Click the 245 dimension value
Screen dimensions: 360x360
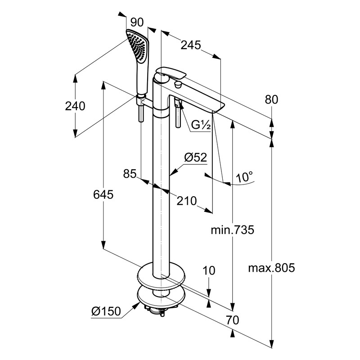click(x=191, y=45)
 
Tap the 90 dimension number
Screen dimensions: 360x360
click(x=137, y=22)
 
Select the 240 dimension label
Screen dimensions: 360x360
click(x=75, y=106)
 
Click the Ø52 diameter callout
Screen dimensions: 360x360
click(x=195, y=157)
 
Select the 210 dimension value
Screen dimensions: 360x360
click(x=187, y=201)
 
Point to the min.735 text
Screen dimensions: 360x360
click(x=233, y=230)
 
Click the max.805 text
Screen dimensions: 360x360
click(x=271, y=269)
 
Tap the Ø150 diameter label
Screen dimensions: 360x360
click(x=107, y=311)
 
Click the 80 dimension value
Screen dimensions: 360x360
click(x=272, y=99)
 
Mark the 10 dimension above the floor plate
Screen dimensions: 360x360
click(x=209, y=270)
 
